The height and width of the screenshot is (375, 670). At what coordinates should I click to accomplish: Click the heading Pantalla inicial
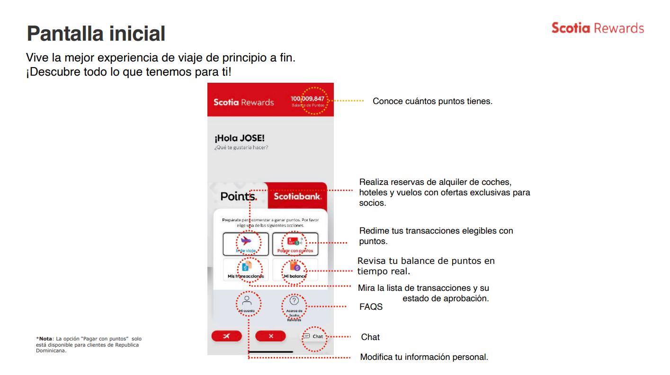coord(96,34)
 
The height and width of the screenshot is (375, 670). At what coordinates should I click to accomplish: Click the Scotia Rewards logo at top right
coord(598,28)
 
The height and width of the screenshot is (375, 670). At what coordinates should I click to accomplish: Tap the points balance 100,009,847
coord(307,99)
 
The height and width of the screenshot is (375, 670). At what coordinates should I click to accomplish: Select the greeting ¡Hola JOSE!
coord(239,139)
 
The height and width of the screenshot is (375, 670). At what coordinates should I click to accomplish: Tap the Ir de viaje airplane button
coord(246,244)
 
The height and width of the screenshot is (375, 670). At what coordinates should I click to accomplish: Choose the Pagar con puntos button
coord(295,244)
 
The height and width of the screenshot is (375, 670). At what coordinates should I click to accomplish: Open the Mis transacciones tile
coord(246,270)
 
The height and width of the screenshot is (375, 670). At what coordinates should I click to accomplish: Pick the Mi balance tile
coord(295,270)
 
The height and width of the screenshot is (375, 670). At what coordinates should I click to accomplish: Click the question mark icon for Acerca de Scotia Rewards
coord(294,300)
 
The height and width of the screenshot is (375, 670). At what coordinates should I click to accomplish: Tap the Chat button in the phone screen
coord(314,336)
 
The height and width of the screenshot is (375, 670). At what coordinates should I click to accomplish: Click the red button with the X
coord(270,336)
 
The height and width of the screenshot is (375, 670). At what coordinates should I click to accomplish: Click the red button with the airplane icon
coord(226,336)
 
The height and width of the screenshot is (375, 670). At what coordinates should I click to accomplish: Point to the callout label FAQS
coord(371,307)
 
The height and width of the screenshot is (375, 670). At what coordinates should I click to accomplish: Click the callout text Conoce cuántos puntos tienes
coord(432,101)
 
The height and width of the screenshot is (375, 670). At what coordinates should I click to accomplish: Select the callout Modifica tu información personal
coord(424,357)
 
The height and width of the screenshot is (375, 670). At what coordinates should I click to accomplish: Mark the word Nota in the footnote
coord(45,339)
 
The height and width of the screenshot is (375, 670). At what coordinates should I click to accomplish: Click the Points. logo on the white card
coord(239,196)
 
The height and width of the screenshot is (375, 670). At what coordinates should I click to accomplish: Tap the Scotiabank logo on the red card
coord(297,196)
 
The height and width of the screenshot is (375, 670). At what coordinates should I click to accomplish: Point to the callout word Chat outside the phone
coord(370,337)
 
